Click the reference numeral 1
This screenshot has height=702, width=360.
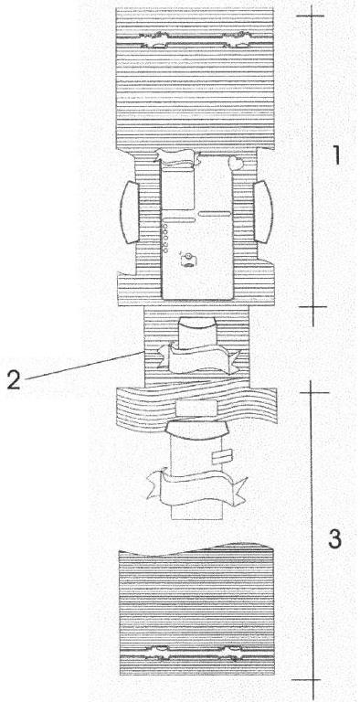(x=337, y=156)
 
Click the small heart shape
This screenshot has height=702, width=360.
(x=236, y=163)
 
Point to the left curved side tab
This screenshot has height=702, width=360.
(x=130, y=212)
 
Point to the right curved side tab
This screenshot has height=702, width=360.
(x=263, y=212)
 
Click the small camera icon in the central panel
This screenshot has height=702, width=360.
(x=188, y=260)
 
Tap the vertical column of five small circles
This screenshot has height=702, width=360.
(x=164, y=239)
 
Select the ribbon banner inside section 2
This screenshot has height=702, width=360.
(x=198, y=357)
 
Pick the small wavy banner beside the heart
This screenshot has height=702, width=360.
(x=177, y=156)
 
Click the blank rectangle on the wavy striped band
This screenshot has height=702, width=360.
(x=197, y=408)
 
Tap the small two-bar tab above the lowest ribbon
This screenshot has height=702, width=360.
(x=222, y=457)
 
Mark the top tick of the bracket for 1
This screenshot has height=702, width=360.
(x=310, y=16)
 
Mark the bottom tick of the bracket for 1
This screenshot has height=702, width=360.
(x=312, y=307)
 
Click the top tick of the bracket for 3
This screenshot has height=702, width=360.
(x=314, y=393)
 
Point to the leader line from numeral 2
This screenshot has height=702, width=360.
(x=84, y=366)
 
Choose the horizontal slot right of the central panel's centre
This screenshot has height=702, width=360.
(x=215, y=214)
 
